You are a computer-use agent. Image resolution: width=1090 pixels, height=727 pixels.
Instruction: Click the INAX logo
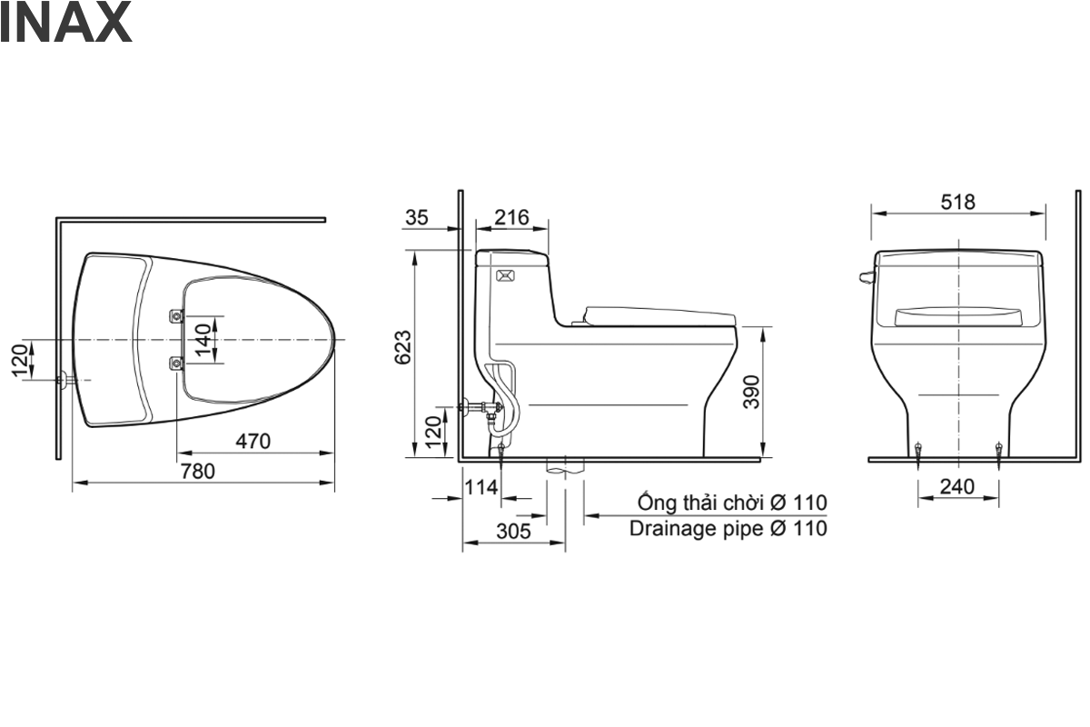click(65, 23)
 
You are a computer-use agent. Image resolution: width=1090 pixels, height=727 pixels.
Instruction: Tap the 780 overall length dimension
click(198, 472)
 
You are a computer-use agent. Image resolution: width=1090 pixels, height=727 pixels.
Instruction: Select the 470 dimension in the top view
click(253, 441)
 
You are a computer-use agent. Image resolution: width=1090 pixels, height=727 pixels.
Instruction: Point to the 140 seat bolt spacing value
click(203, 340)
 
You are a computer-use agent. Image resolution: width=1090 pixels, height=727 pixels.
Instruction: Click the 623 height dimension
click(403, 347)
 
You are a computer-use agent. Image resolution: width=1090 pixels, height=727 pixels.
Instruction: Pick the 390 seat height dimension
click(751, 392)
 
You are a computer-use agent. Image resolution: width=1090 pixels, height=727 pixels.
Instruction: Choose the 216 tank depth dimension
click(512, 218)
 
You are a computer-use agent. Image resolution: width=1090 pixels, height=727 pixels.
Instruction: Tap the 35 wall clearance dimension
click(417, 218)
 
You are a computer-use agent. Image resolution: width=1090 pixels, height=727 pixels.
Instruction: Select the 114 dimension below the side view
click(481, 487)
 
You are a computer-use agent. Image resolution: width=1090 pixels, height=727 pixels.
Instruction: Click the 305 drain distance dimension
click(514, 531)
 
